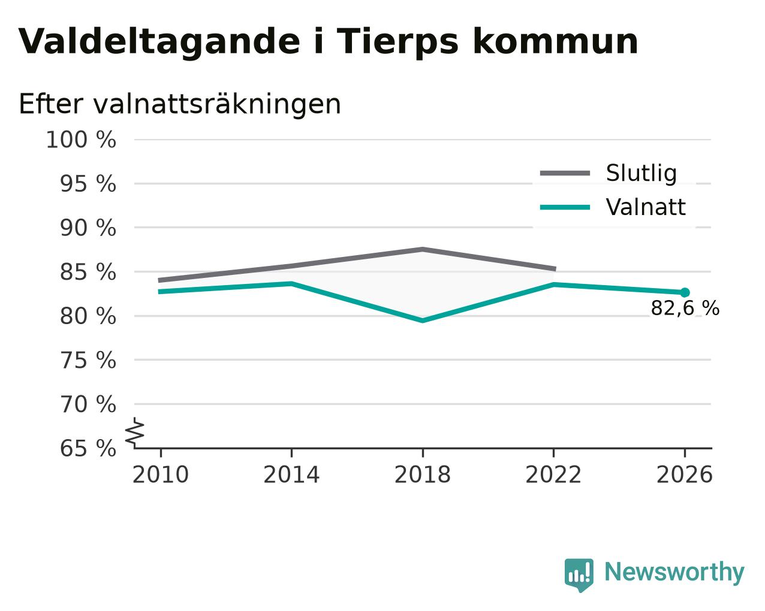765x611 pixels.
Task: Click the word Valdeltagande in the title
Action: [x=159, y=43]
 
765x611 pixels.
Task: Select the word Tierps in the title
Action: [x=397, y=43]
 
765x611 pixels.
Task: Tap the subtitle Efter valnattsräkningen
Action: [x=180, y=104]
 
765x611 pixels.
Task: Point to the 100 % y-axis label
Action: [x=81, y=140]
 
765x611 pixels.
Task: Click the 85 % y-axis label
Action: [x=88, y=272]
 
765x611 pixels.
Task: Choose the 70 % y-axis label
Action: [x=88, y=404]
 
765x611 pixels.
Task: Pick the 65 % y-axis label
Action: [x=88, y=448]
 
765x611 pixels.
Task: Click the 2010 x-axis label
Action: [x=160, y=475]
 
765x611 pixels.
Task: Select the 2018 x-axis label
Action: [x=422, y=475]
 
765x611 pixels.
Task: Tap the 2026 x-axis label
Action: [x=684, y=475]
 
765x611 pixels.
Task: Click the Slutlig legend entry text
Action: [x=641, y=173]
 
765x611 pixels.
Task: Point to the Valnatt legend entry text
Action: [x=646, y=207]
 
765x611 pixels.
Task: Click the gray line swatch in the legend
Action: [x=565, y=173]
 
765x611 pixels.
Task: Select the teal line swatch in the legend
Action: [x=565, y=207]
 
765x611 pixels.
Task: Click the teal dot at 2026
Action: [x=685, y=293]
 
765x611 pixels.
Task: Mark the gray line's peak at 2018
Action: [x=422, y=249]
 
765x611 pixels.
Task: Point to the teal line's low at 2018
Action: [x=422, y=321]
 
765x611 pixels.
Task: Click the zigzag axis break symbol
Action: [x=135, y=432]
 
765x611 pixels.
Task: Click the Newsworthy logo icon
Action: [x=579, y=575]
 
